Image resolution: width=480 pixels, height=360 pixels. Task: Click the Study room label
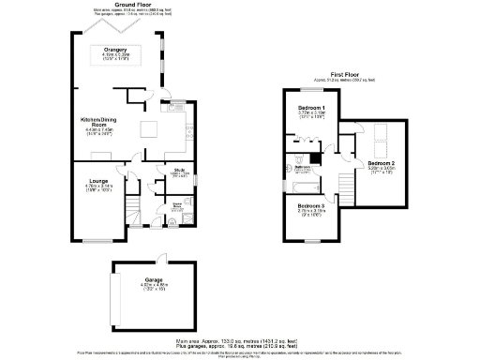(x=179, y=170)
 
